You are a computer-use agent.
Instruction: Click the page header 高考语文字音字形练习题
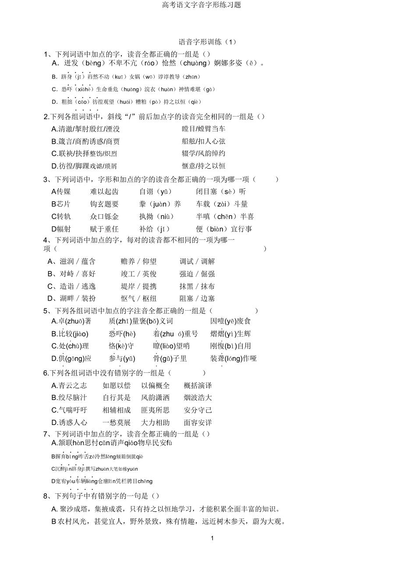[x=201, y=5]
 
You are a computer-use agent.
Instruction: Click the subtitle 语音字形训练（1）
[x=208, y=42]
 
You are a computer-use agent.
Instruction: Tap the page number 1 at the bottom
[x=212, y=538]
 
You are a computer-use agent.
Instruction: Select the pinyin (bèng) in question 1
[x=93, y=64]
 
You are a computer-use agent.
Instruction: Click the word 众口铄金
[x=104, y=216]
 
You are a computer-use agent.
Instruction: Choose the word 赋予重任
[x=104, y=229]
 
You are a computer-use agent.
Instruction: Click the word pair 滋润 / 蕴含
[x=78, y=262]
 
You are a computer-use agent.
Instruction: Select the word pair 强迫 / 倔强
[x=197, y=274]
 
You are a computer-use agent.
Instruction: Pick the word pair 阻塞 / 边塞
[x=197, y=298]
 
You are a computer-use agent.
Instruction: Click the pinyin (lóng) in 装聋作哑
[x=234, y=358]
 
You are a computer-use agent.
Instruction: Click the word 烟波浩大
[x=198, y=398]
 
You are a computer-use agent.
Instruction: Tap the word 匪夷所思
[x=155, y=410]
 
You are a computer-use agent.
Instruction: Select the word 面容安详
[x=198, y=422]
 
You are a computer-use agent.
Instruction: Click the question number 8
[x=46, y=496]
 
